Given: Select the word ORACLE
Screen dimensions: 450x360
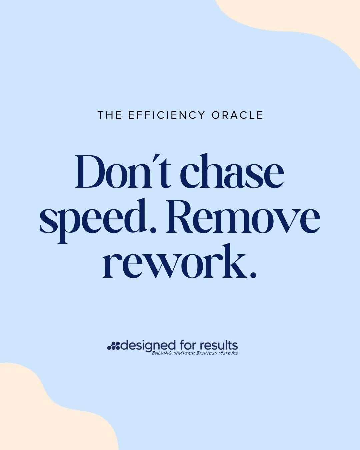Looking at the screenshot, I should coord(237,115).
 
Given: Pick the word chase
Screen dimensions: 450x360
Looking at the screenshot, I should coord(232,172).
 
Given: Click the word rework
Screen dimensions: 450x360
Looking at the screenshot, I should coord(173,262).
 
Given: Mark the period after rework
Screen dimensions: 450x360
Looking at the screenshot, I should coord(253,275).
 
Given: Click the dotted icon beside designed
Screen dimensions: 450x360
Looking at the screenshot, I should coord(113,346).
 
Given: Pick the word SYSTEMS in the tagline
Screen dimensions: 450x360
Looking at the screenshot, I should coord(228,353).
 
